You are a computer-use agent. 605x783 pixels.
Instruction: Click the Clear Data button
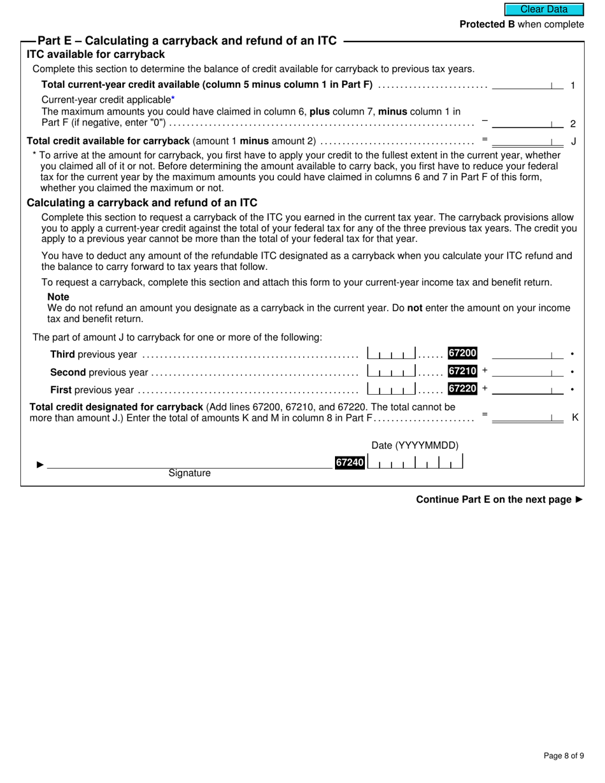pyautogui.click(x=544, y=10)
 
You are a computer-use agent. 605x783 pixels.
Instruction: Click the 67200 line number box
pyautogui.click(x=462, y=353)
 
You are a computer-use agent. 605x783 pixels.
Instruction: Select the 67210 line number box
pyautogui.click(x=462, y=371)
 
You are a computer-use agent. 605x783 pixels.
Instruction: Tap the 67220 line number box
pyautogui.click(x=462, y=388)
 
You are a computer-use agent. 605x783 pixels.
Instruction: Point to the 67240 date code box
pyautogui.click(x=350, y=463)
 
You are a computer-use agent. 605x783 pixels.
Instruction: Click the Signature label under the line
pyautogui.click(x=189, y=474)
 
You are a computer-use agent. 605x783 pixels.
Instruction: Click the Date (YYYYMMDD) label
pyautogui.click(x=415, y=446)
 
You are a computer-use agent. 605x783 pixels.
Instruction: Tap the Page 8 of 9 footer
pyautogui.click(x=564, y=756)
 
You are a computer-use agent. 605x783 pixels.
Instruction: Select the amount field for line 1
pyautogui.click(x=527, y=85)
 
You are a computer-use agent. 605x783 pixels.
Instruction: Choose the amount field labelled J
pyautogui.click(x=527, y=141)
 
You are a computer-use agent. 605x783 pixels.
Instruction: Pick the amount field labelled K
pyautogui.click(x=527, y=418)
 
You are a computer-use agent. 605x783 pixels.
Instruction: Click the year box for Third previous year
pyautogui.click(x=392, y=354)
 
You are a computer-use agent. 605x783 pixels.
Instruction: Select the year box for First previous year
pyautogui.click(x=392, y=389)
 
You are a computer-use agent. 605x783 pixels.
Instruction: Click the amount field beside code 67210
pyautogui.click(x=527, y=371)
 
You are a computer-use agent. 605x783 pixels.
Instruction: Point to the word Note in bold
pyautogui.click(x=59, y=297)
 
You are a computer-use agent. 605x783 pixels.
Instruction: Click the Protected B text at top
pyautogui.click(x=522, y=24)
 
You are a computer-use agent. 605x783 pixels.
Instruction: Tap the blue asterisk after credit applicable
pyautogui.click(x=173, y=99)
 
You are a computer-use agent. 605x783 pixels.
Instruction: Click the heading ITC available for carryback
pyautogui.click(x=96, y=55)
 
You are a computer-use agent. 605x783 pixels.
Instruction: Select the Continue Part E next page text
pyautogui.click(x=499, y=500)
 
